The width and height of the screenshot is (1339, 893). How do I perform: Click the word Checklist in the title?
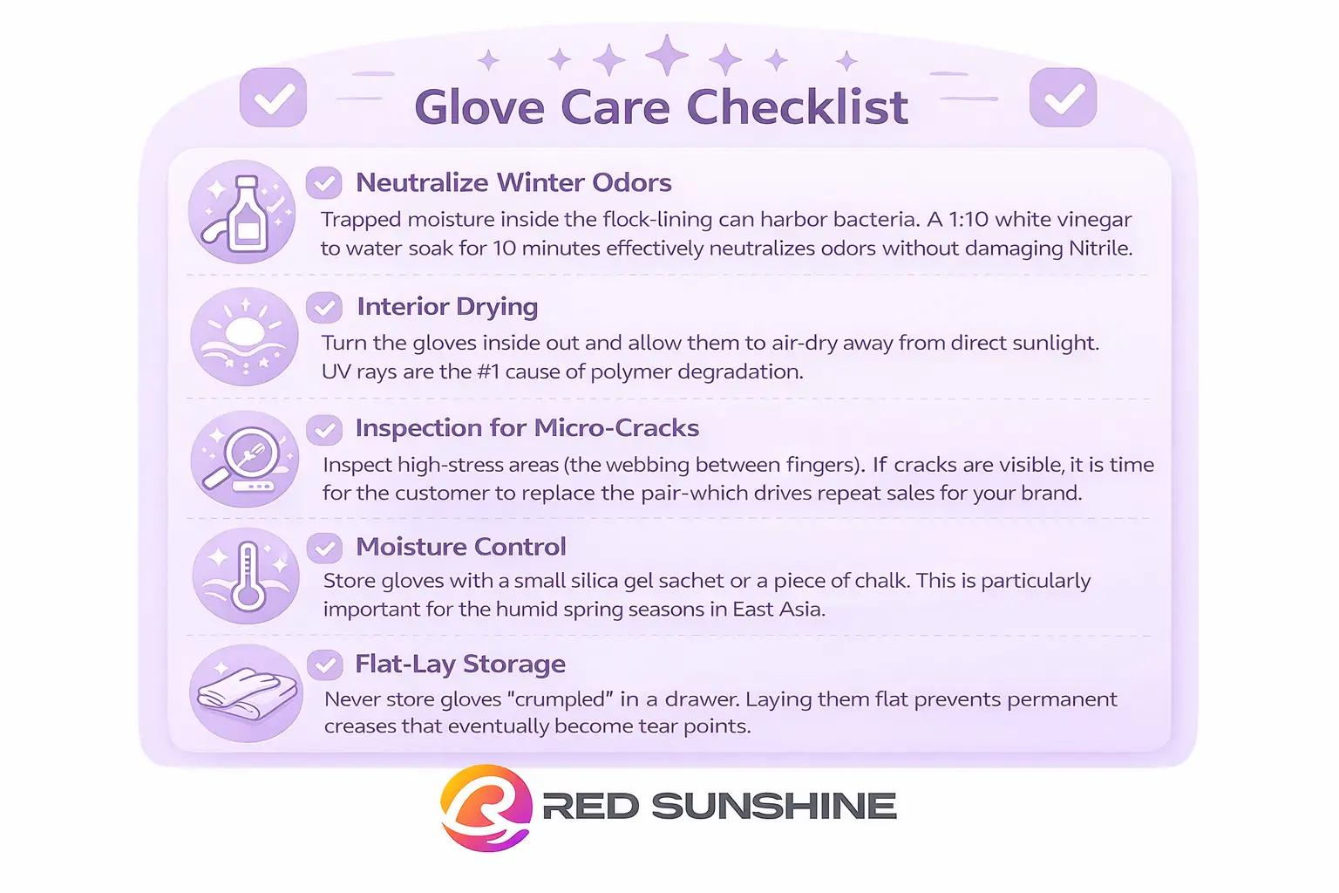[797, 107]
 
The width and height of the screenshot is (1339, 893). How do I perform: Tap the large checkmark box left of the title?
[273, 98]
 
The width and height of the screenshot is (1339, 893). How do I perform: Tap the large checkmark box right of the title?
[1063, 98]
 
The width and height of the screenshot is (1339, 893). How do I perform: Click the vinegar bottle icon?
[242, 212]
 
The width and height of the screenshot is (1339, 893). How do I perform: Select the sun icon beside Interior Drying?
[244, 336]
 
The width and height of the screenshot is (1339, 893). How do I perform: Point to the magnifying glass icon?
[244, 460]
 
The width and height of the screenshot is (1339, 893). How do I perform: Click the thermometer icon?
[246, 576]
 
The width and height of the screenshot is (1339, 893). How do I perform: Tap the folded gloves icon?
[246, 694]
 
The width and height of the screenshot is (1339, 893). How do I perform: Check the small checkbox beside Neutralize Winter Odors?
[323, 183]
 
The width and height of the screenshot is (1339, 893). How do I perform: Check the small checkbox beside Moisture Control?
[324, 548]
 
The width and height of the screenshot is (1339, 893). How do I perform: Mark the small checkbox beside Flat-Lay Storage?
[324, 665]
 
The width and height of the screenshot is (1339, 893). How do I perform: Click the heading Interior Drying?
[447, 307]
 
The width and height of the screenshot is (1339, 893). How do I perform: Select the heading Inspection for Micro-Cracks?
[527, 428]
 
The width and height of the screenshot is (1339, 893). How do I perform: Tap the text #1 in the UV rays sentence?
[487, 372]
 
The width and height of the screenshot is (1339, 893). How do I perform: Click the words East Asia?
[778, 610]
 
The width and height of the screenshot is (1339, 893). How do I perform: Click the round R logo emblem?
[486, 808]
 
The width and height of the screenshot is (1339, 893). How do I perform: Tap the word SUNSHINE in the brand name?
[774, 807]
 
